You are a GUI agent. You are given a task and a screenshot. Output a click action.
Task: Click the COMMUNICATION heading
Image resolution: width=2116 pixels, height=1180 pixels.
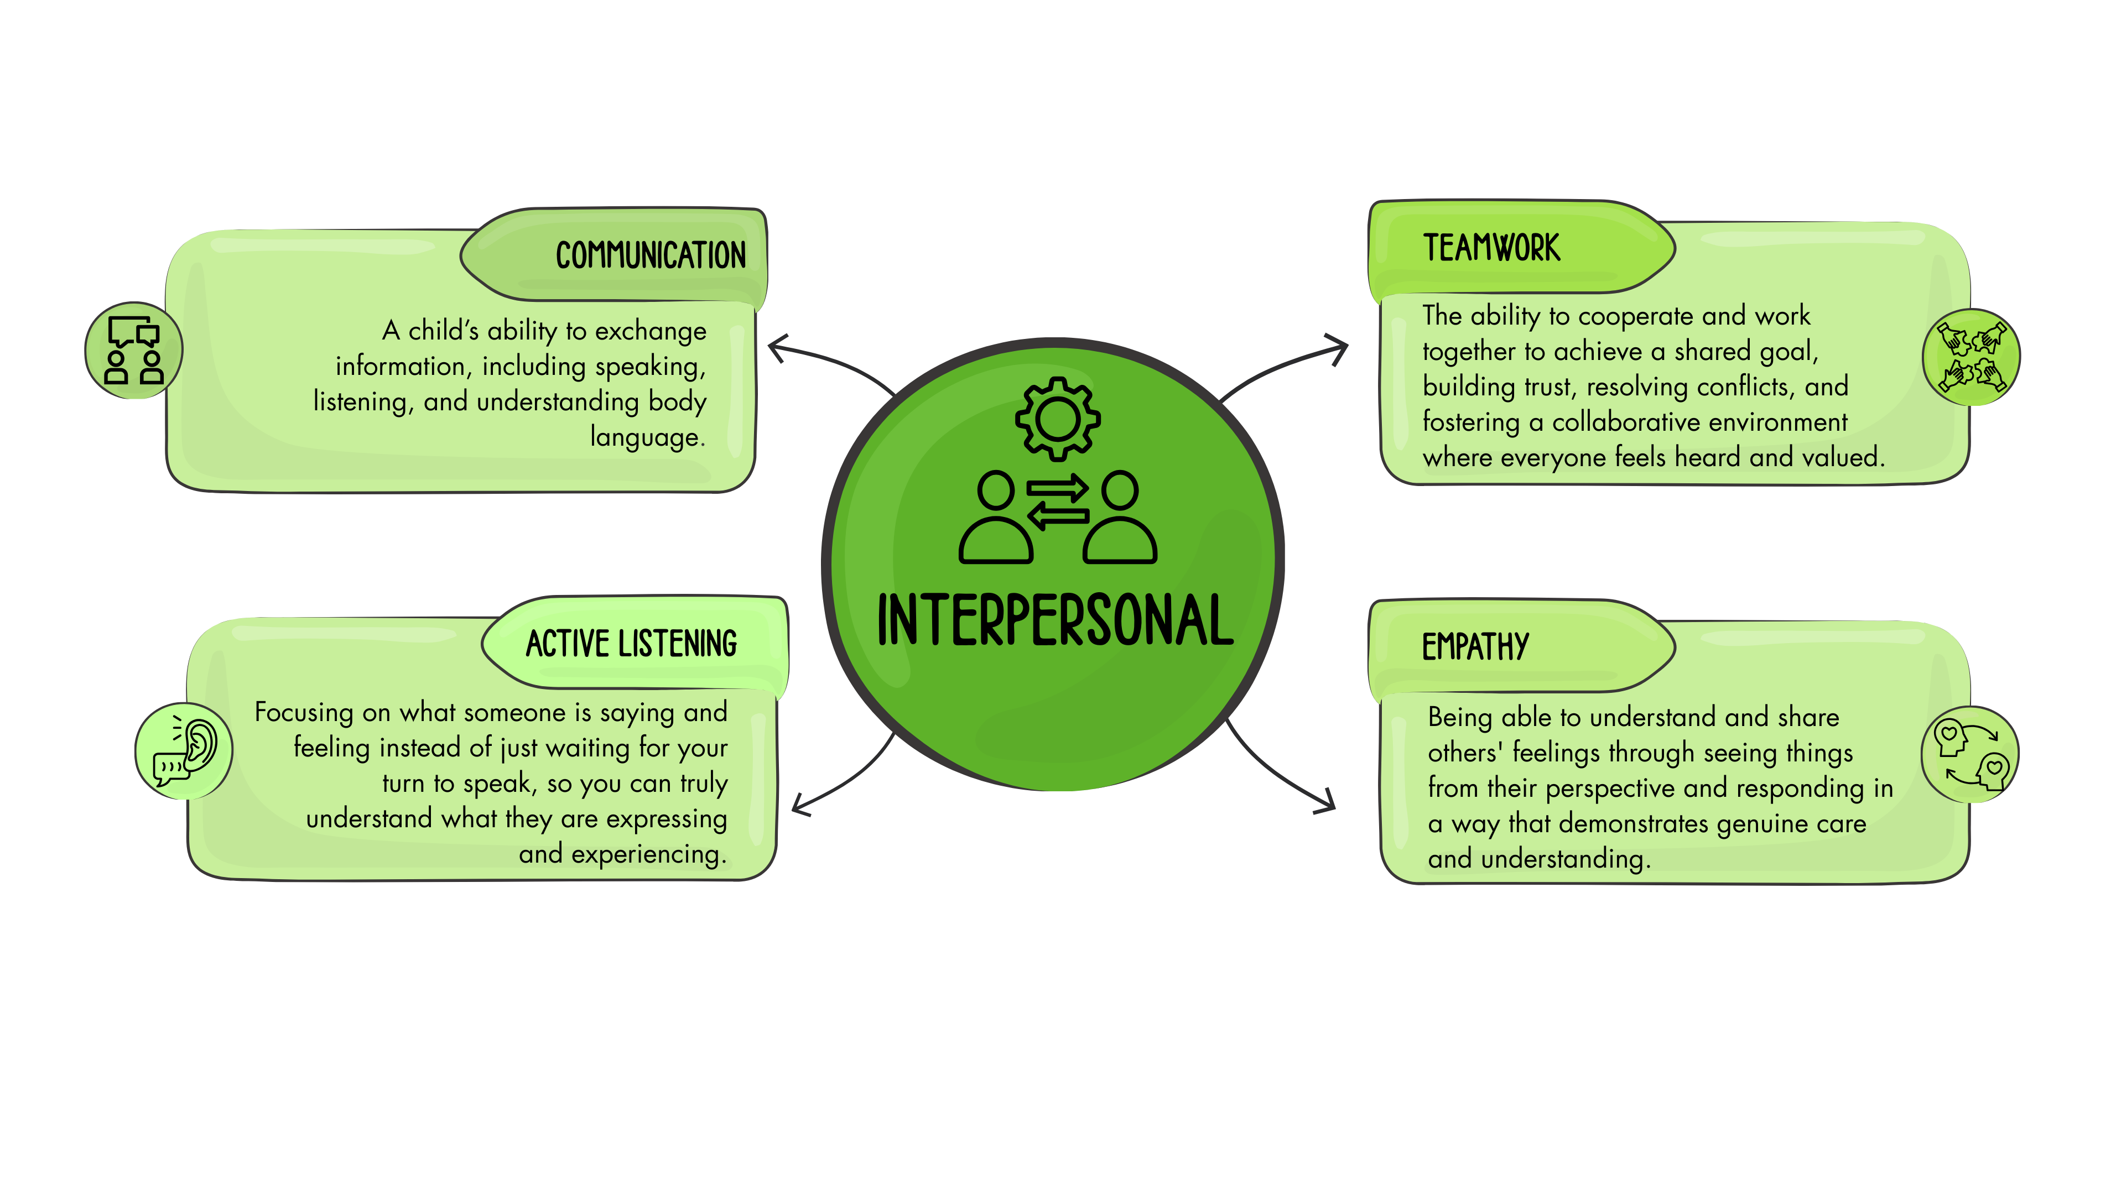(651, 255)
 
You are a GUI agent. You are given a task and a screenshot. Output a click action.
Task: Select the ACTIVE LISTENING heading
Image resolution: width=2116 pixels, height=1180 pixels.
(631, 644)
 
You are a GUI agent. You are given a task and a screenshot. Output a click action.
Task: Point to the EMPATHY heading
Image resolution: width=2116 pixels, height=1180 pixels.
(1475, 647)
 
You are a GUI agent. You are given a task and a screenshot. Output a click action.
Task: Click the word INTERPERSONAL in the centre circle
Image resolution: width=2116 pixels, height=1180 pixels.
(1056, 621)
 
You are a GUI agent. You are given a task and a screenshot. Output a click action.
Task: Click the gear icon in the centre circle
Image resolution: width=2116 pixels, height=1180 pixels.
(1057, 419)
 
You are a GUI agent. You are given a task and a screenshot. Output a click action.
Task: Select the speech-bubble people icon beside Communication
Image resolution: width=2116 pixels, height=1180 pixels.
(134, 351)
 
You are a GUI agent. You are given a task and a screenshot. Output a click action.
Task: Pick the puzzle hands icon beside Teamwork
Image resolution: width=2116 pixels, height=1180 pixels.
(1972, 357)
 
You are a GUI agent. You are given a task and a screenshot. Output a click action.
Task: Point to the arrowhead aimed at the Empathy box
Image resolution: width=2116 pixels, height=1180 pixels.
(1324, 801)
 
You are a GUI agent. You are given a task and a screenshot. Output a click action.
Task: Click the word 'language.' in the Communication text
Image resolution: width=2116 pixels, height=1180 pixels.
(647, 437)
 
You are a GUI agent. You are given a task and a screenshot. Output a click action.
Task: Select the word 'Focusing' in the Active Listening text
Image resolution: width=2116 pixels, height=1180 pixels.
(303, 712)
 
